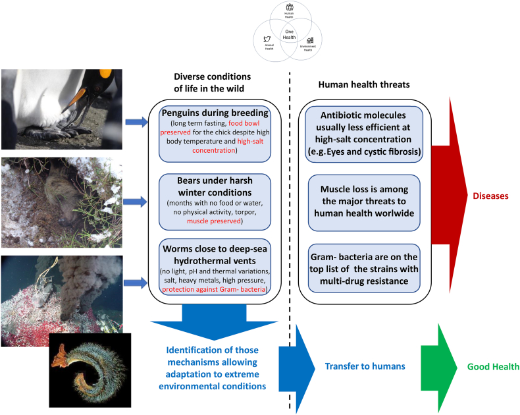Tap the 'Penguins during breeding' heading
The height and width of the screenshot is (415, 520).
[x=215, y=111]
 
